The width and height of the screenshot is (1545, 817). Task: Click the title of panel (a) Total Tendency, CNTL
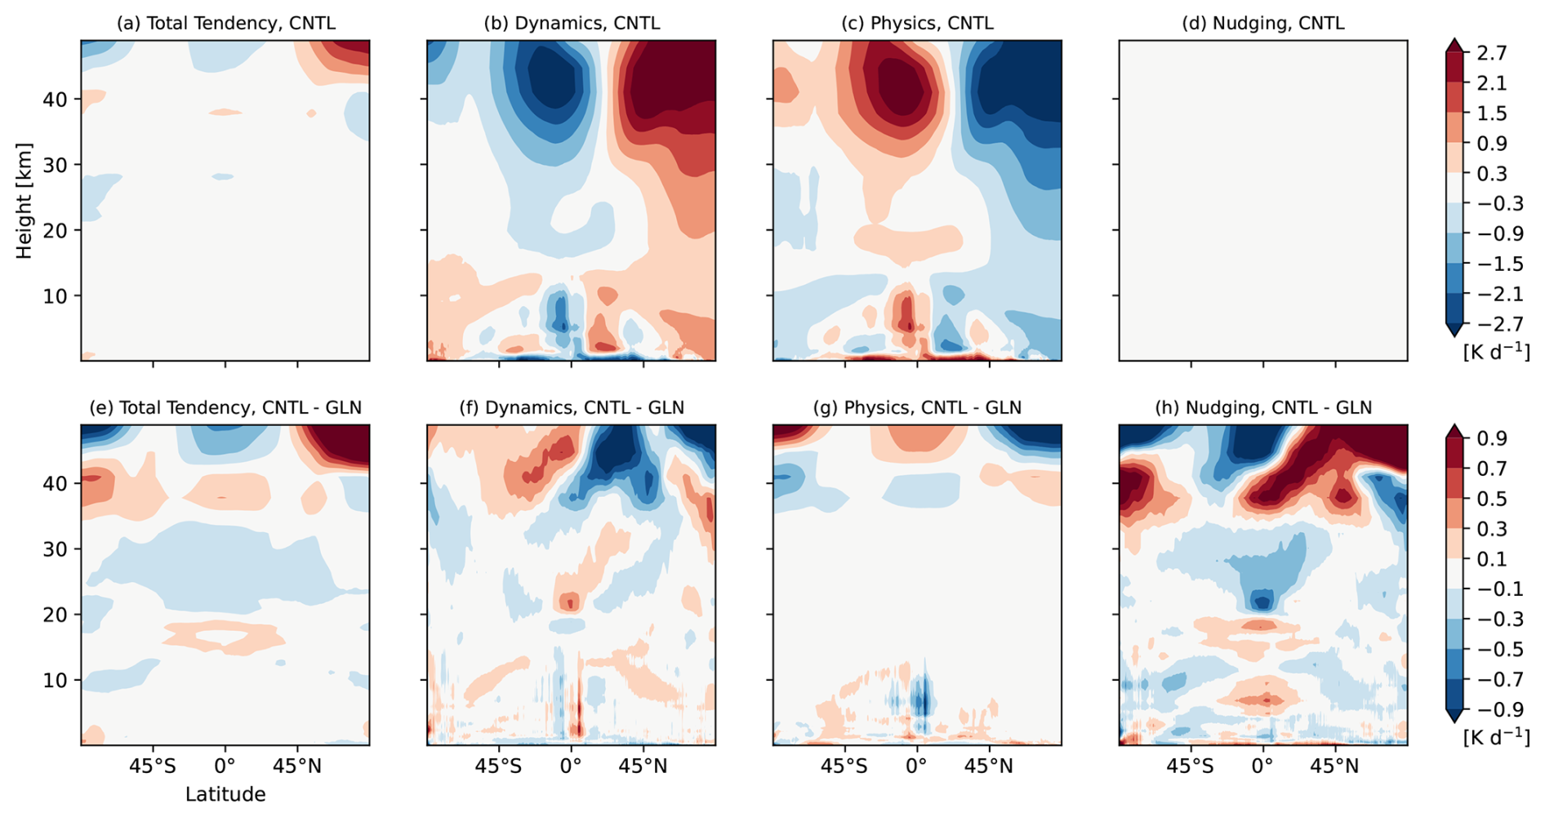tap(225, 23)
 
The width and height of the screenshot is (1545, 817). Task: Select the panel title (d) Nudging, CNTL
tap(1262, 23)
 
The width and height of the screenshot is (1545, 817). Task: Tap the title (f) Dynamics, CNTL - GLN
tap(571, 407)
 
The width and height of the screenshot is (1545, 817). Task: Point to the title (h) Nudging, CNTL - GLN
tap(1262, 407)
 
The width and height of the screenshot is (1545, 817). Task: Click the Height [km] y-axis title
tap(24, 201)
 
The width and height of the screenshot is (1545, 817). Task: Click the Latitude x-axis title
tap(225, 794)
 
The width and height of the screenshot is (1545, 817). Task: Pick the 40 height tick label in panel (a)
tap(56, 100)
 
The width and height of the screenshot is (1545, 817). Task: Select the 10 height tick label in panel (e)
tap(56, 680)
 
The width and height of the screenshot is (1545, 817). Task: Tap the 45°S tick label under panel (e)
tap(153, 767)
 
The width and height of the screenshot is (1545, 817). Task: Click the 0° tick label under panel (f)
tap(571, 767)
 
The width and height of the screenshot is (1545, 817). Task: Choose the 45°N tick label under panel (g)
tap(989, 767)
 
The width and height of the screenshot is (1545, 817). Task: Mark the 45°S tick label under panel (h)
tap(1191, 767)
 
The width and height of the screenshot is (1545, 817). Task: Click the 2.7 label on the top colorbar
tap(1491, 53)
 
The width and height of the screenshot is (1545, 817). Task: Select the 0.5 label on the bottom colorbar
tap(1491, 499)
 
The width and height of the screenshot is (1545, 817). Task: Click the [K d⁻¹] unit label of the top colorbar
tap(1496, 352)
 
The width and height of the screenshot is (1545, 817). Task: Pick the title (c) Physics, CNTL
tap(917, 23)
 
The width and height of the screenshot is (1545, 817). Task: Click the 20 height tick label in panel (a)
tap(56, 230)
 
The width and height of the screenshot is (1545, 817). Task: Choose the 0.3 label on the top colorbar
tap(1491, 174)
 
